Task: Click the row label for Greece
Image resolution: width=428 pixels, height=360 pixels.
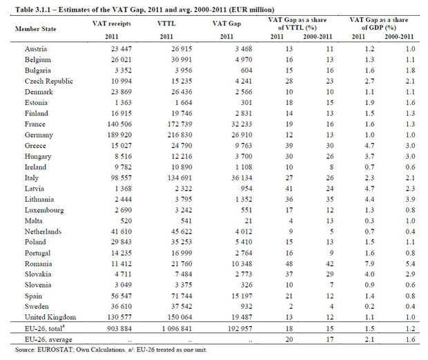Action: tap(35, 146)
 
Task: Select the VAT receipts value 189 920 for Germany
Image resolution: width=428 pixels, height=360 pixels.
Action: tap(119, 135)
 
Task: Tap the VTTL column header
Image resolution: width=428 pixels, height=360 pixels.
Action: tap(166, 23)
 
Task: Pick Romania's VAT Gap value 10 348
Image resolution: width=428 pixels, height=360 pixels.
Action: tap(242, 264)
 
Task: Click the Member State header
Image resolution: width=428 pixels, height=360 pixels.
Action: tap(35, 29)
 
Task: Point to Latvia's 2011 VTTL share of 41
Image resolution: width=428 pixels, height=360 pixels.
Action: tap(289, 189)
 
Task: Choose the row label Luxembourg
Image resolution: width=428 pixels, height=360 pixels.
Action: tap(44, 210)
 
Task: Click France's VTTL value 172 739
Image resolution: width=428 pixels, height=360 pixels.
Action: tap(180, 124)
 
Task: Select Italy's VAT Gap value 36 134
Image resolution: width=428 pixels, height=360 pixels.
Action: tap(242, 178)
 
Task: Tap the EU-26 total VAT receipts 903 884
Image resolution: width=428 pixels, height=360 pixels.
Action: tap(119, 329)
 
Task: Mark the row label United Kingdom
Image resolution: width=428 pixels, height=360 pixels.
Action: tap(50, 317)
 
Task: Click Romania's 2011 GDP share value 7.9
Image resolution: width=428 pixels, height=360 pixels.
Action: tap(369, 264)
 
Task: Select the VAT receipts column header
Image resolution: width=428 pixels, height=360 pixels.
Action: tap(112, 23)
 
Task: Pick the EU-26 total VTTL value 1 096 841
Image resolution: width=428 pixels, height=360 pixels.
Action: tap(177, 329)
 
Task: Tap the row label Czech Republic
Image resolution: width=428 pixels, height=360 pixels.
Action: tap(49, 81)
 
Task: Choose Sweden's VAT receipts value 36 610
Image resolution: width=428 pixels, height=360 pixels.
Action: tap(121, 307)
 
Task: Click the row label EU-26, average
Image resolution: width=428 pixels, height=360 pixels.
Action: tap(48, 339)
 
